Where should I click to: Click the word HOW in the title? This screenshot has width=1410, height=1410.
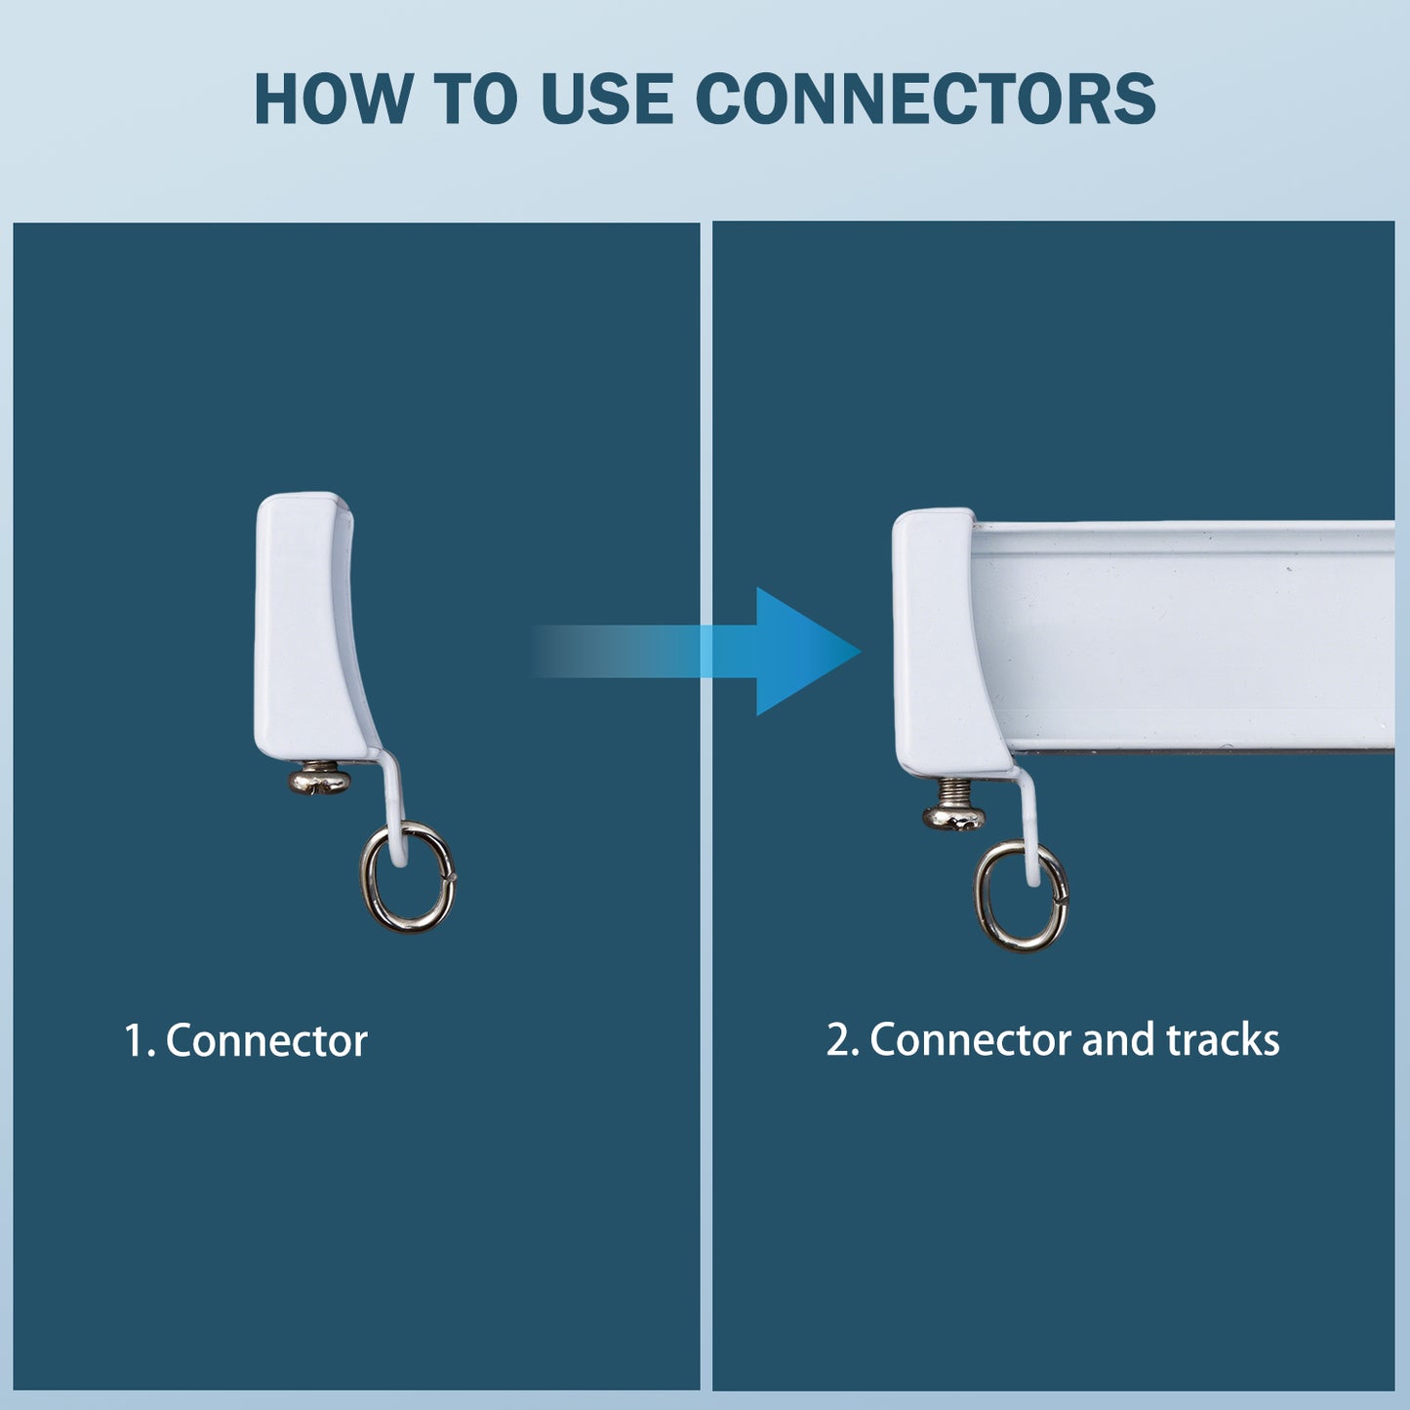[x=333, y=99]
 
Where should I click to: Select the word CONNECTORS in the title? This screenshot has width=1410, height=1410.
[x=925, y=99]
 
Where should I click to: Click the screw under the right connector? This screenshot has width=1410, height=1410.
[x=953, y=805]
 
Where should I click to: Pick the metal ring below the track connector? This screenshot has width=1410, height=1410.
[x=1020, y=897]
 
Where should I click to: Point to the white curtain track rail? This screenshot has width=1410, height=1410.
[x=1182, y=635]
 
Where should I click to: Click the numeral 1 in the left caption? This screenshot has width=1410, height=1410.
[x=135, y=1041]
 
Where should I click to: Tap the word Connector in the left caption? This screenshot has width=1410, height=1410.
[x=266, y=1040]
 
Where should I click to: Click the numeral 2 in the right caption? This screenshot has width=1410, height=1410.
[x=837, y=1040]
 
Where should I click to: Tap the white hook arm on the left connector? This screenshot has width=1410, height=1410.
[x=393, y=805]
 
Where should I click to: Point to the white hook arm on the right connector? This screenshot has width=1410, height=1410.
[x=1027, y=826]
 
